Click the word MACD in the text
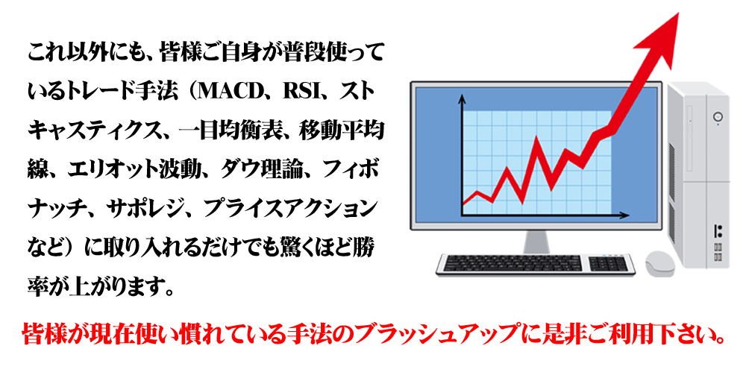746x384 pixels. pyautogui.click(x=230, y=91)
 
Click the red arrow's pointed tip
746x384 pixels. pyautogui.click(x=677, y=14)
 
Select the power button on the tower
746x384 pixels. pyautogui.click(x=718, y=116)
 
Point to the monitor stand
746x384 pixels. pyautogui.click(x=536, y=242)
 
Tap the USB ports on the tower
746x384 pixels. pyautogui.click(x=718, y=252)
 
